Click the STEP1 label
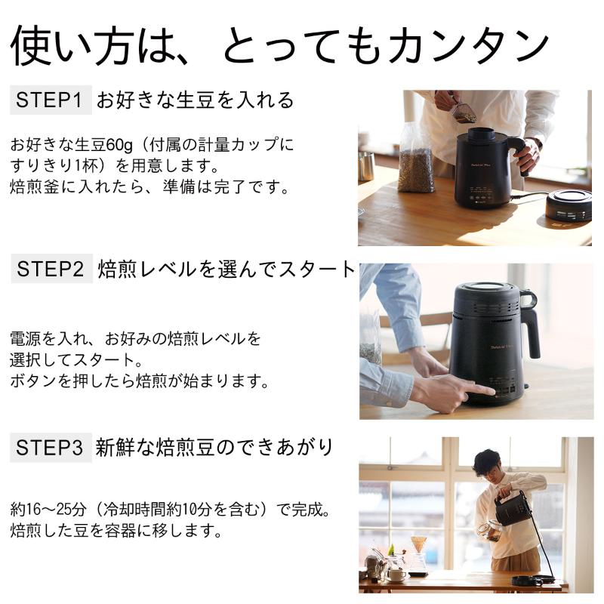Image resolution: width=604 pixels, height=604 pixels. (51, 100)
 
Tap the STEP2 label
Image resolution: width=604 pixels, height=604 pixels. (51, 270)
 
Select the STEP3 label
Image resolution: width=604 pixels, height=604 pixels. (50, 448)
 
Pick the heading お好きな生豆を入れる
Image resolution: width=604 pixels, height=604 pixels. (195, 100)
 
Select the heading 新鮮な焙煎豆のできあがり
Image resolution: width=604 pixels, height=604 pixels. (214, 448)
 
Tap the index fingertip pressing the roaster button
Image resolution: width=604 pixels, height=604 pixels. (490, 391)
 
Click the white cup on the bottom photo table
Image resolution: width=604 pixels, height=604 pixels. (396, 574)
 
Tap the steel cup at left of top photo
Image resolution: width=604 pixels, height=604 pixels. (366, 166)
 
